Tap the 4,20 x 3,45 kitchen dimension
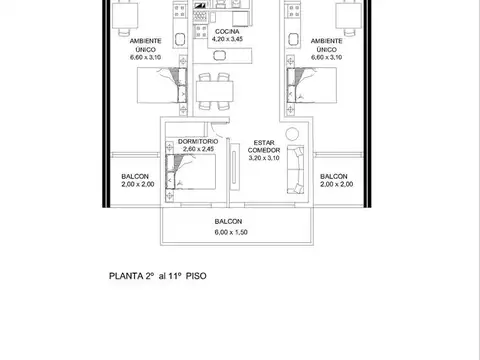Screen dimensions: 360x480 pyautogui.click(x=227, y=41)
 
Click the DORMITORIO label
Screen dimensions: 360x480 pyautogui.click(x=198, y=142)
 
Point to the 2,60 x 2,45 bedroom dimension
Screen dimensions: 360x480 pyautogui.click(x=198, y=150)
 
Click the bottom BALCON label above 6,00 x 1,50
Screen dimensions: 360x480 pyautogui.click(x=228, y=223)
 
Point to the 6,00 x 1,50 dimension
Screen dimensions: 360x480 pyautogui.click(x=228, y=233)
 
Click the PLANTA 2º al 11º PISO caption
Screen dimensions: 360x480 pyautogui.click(x=161, y=274)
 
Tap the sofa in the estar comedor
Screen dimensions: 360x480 pyautogui.click(x=297, y=169)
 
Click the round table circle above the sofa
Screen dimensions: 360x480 pyautogui.click(x=292, y=134)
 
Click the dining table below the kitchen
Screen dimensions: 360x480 pyautogui.click(x=217, y=93)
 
